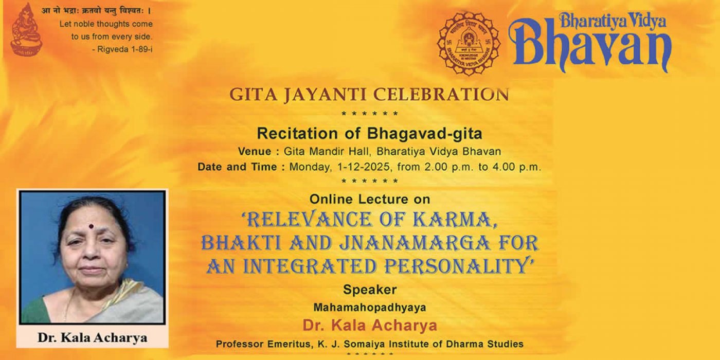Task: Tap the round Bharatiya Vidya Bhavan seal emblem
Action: pos(469,44)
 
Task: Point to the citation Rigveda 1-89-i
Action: pos(124,49)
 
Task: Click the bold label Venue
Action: pos(255,151)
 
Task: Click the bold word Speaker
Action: pos(370,290)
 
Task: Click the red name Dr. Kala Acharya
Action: pos(370,326)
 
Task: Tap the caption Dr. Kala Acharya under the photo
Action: pos(92,338)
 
